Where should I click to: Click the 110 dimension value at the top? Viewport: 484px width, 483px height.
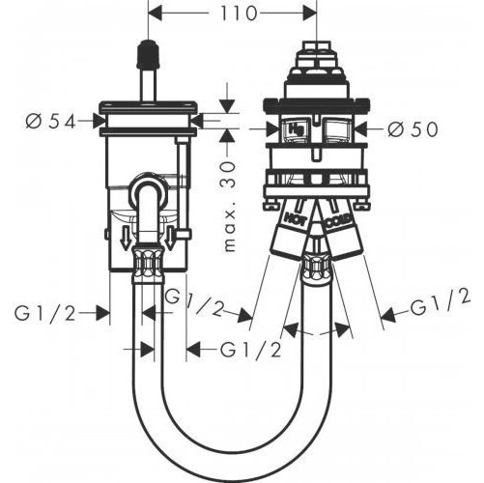pos(239,14)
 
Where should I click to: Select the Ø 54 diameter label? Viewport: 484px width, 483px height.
pos(51,122)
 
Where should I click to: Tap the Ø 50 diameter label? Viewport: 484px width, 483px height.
pos(413,129)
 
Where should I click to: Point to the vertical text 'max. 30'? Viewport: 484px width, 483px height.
pos(229,207)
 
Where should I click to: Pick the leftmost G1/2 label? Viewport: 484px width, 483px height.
pos(44,313)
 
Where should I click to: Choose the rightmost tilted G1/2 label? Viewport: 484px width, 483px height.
pos(441,302)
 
